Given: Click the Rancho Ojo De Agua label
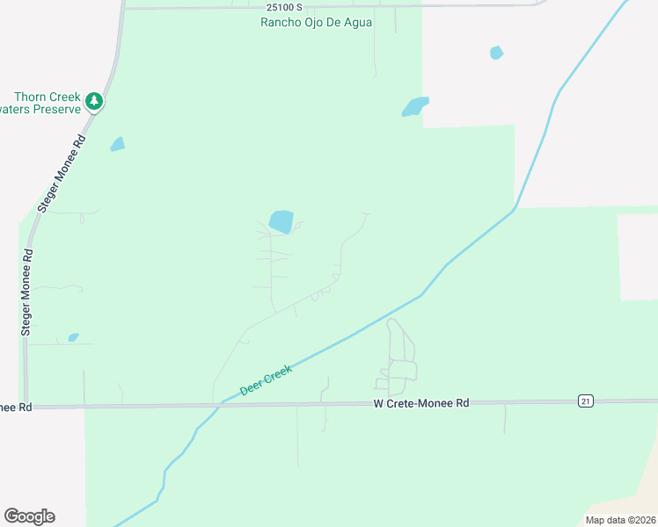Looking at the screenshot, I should coord(316,22).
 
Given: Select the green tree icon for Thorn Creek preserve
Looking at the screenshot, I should coord(94,102).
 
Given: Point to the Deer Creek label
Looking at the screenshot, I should coord(266,379).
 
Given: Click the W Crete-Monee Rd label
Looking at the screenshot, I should coord(421,403).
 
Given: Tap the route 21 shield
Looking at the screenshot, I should coord(586,401).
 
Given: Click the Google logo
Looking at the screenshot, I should coord(29,516).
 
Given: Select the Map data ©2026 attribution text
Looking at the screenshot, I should coord(619,520).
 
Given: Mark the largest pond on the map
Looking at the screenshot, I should coord(281,221).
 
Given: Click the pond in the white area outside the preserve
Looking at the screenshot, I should coord(496,53).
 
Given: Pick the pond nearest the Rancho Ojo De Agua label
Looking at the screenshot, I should coord(415,106).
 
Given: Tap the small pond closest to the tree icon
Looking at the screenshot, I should coord(117,144).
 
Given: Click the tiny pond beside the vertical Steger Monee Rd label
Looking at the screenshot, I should coord(73,337).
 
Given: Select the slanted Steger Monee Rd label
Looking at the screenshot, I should coord(62,174).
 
